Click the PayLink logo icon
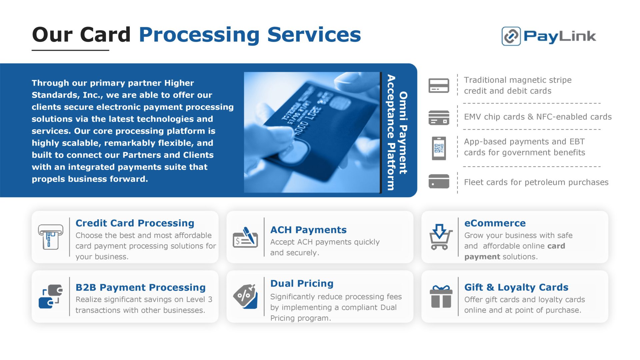point(511,36)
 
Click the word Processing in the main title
point(199,35)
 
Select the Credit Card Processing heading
point(135,223)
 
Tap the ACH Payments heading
point(308,230)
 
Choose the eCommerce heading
point(495,223)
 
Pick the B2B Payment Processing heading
point(140,287)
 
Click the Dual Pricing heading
point(302,283)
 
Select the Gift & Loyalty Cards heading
point(516,287)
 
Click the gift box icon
point(441,296)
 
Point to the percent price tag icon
point(246,296)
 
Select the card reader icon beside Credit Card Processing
point(50,237)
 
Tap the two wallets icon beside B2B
point(51,296)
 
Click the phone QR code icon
point(439,148)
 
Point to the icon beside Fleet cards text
point(439,181)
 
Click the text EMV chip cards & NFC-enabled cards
point(538,117)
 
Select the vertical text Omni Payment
point(403,133)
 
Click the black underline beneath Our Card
point(70,50)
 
